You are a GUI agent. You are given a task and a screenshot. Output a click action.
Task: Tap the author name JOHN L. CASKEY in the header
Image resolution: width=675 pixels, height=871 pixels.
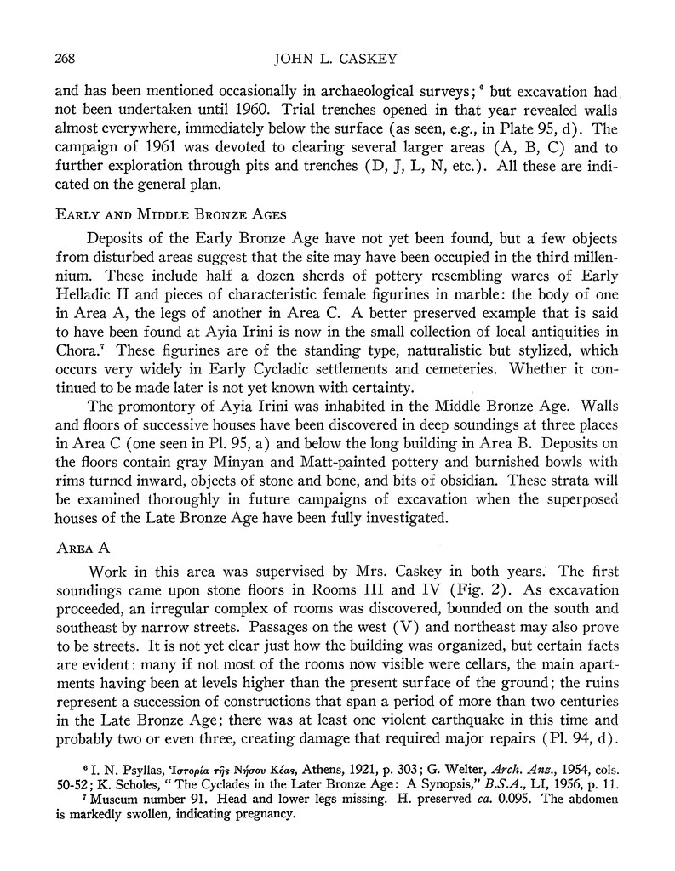(339, 59)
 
